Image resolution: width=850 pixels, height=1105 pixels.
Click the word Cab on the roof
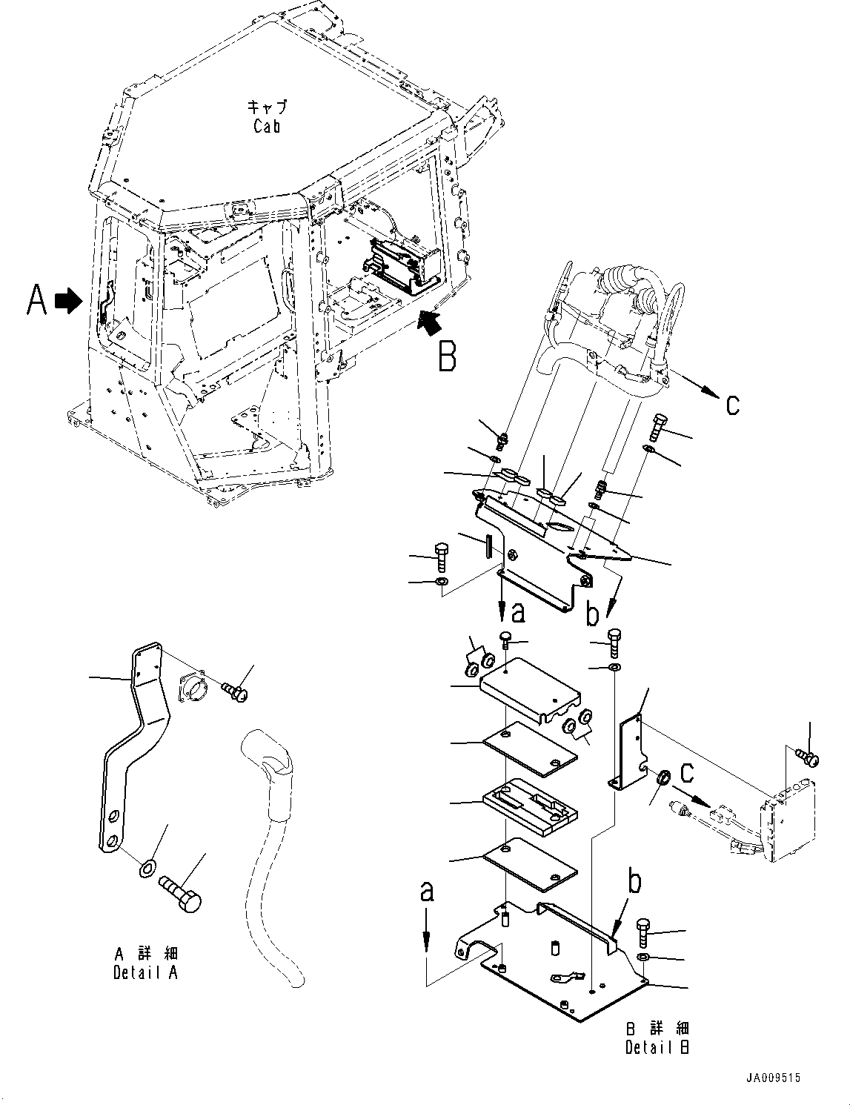coord(266,126)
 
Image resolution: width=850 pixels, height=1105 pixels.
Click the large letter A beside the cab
coord(37,301)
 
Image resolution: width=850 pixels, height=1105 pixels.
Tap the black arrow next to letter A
coord(69,301)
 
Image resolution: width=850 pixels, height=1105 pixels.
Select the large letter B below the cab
coord(447,357)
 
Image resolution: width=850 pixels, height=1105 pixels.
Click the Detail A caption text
coord(145,973)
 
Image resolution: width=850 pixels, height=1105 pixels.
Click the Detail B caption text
coord(657,1047)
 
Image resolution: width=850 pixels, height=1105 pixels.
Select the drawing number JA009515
coord(774,1079)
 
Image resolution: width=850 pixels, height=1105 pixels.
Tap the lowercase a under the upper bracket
coord(518,612)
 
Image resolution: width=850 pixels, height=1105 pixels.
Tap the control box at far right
coord(792,823)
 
